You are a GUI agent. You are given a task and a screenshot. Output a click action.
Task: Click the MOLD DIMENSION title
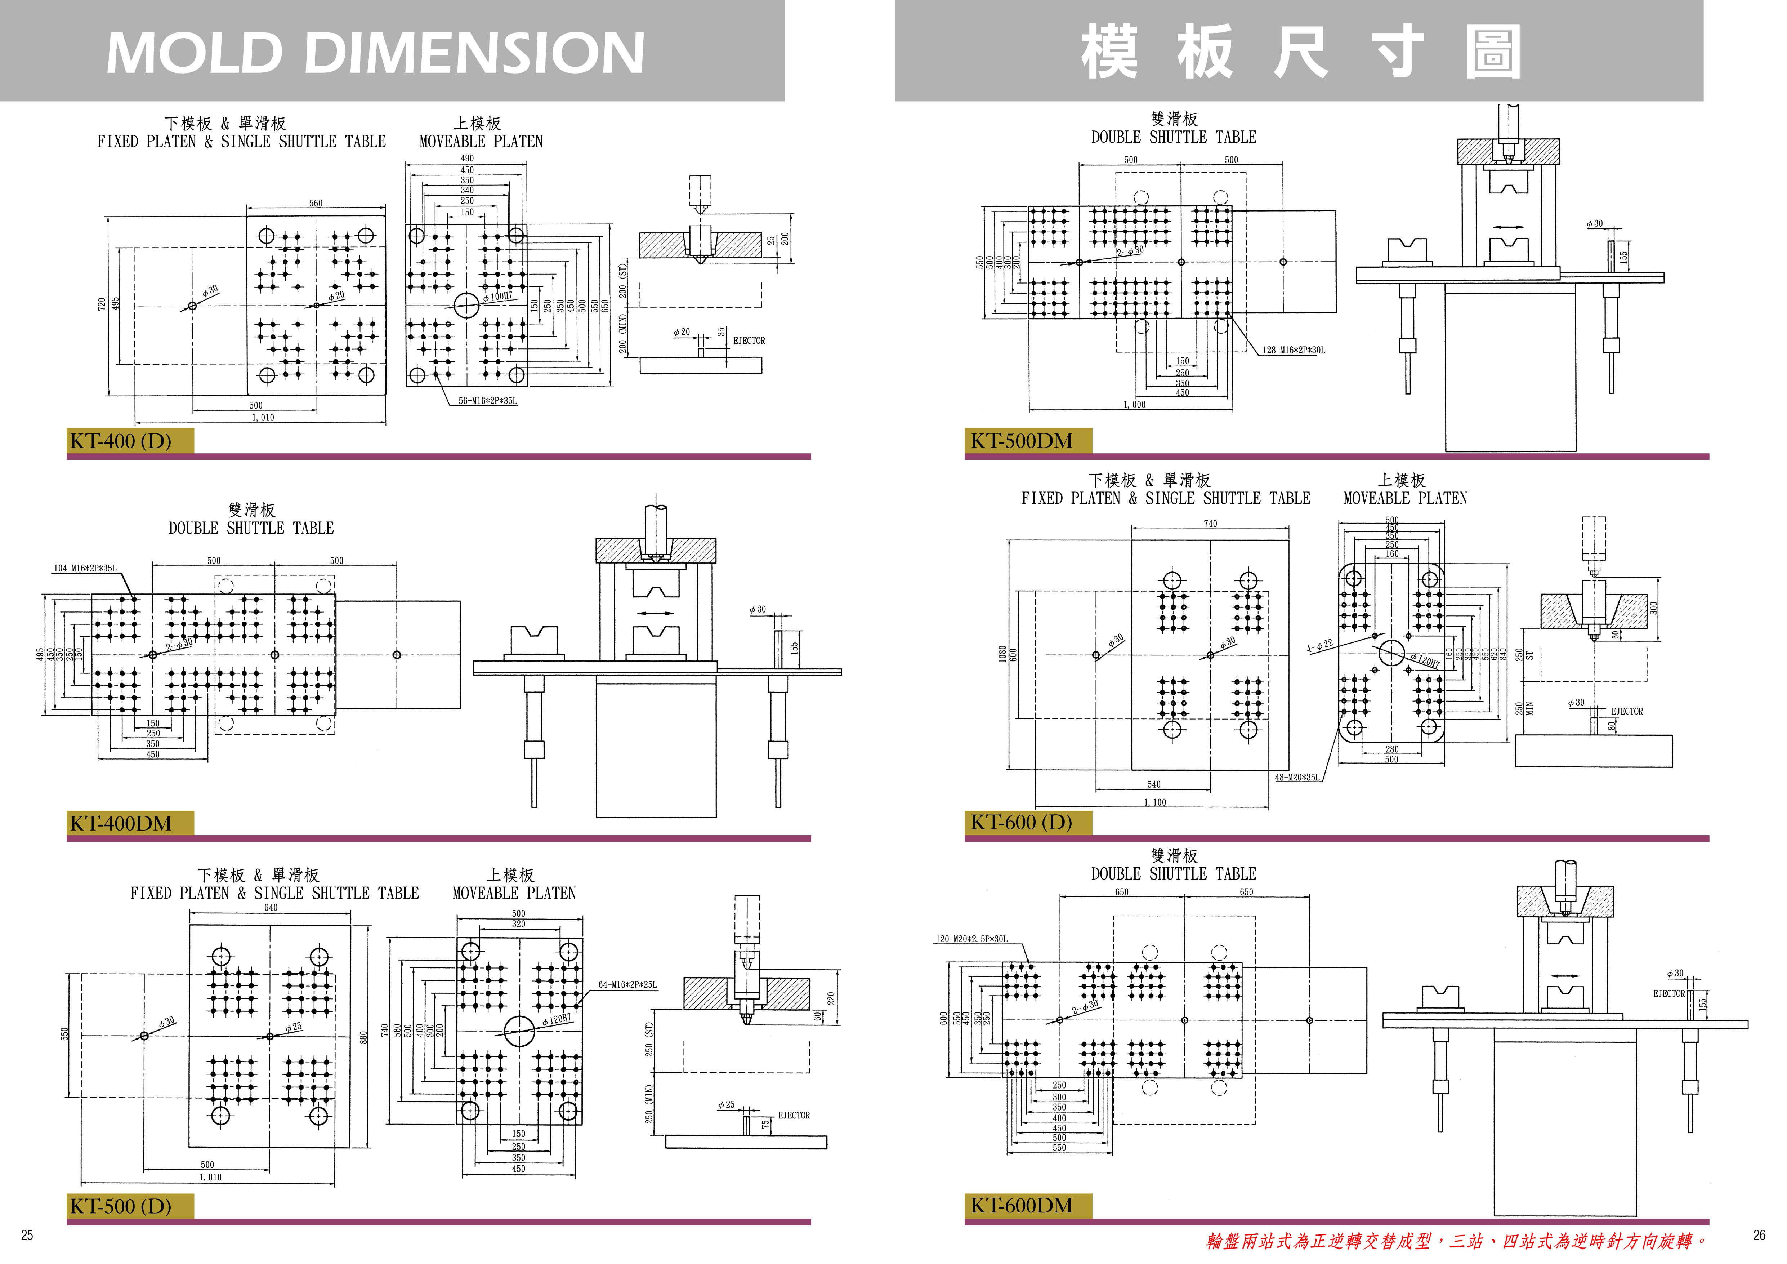375,53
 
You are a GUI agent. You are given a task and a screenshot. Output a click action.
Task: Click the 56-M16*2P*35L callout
488,401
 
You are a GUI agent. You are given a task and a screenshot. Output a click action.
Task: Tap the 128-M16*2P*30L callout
1294,350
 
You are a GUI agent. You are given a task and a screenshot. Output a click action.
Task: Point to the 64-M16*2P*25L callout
627,985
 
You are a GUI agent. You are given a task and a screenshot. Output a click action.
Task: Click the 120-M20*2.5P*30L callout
970,939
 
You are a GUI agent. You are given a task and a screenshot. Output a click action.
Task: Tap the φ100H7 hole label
498,297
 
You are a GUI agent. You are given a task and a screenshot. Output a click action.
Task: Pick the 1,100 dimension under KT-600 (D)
1155,802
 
